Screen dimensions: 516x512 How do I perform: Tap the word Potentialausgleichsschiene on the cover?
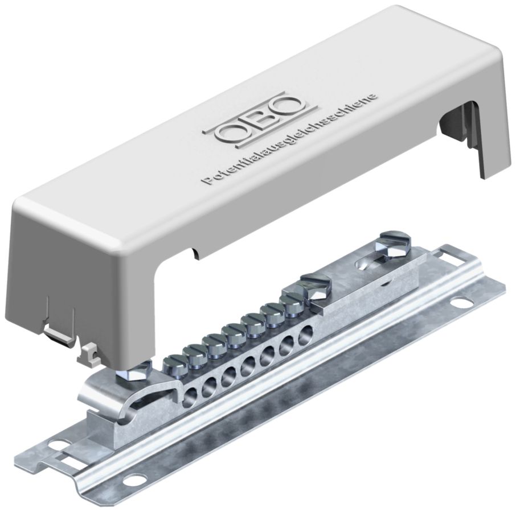click(290, 140)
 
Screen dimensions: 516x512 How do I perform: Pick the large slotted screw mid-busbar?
click(316, 286)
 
